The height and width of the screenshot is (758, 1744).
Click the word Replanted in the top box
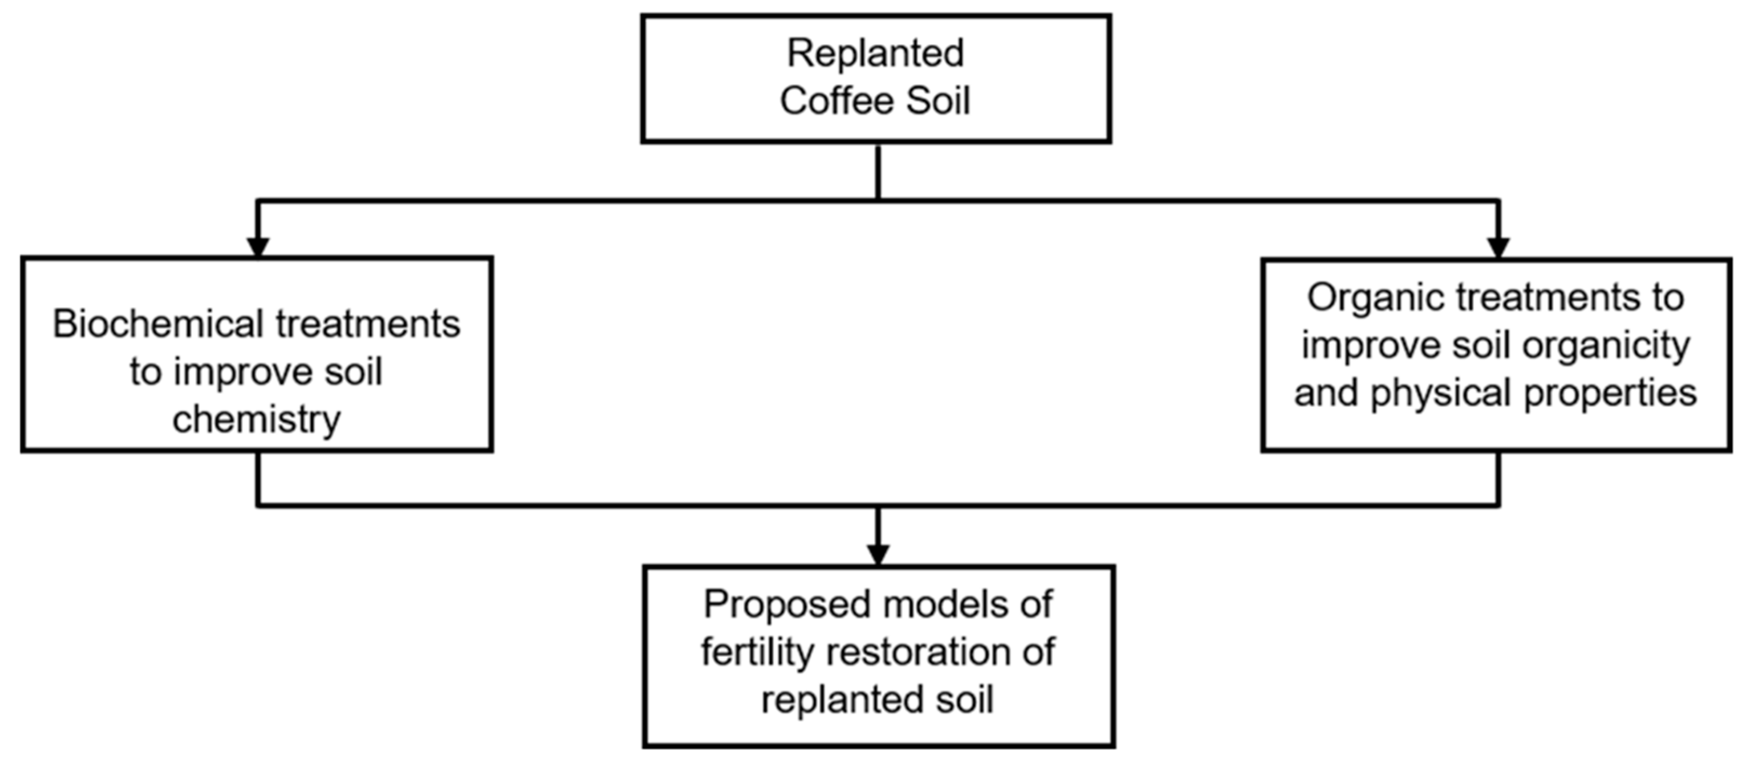(x=875, y=54)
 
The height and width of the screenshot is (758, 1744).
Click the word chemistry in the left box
(x=256, y=420)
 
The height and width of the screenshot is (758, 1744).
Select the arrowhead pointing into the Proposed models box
(x=878, y=554)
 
